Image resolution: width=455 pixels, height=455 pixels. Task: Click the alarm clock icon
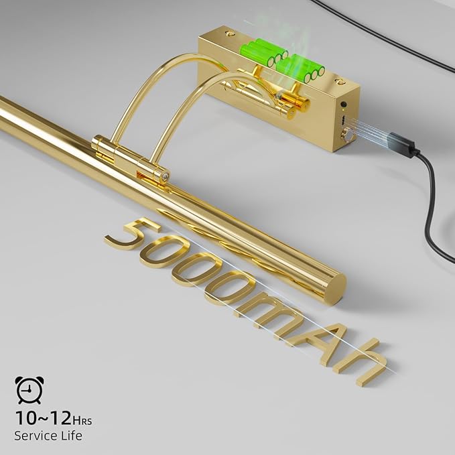29,390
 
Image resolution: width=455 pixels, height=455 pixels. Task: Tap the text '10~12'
44,418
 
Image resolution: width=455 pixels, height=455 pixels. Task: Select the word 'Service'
35,436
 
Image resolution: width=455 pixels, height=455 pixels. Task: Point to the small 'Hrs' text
82,420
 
